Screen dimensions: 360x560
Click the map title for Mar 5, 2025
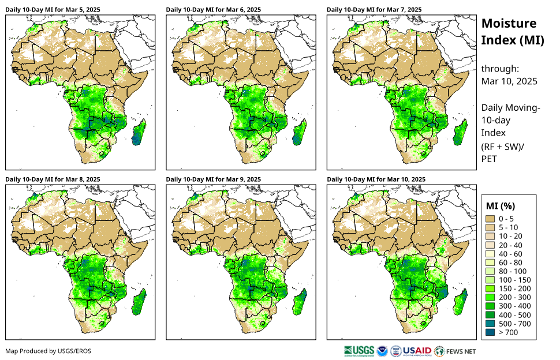[52, 9]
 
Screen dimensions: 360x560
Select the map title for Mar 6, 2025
[213, 9]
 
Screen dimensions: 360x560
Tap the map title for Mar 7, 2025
[374, 9]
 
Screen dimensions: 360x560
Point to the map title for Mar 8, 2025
[52, 179]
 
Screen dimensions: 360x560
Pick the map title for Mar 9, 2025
[213, 179]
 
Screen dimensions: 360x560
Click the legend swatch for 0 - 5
[491, 219]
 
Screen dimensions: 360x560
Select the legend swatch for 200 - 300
[491, 297]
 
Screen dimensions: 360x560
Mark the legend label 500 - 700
[512, 323]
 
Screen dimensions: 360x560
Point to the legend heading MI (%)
[501, 205]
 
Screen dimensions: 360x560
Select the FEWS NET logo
[456, 351]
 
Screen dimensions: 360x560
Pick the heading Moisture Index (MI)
[509, 32]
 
